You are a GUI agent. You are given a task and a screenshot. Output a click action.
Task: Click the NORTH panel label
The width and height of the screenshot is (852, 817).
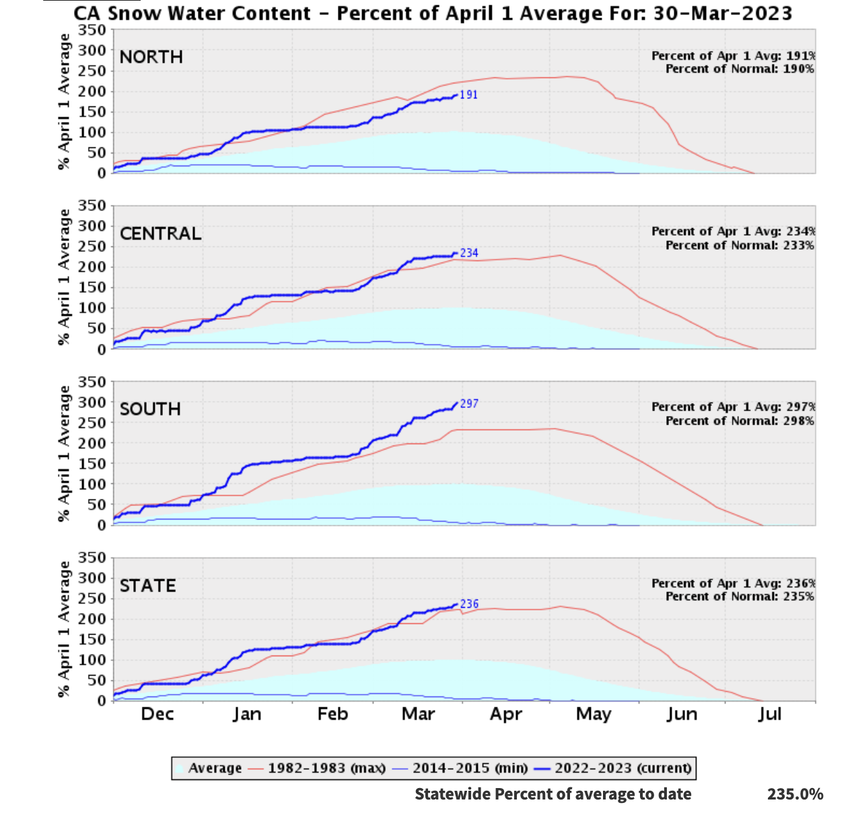[x=151, y=57]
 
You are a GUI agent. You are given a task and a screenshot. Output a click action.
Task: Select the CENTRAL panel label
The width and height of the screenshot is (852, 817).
[x=160, y=234]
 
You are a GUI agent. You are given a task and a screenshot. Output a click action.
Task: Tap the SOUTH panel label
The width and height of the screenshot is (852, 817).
[x=150, y=409]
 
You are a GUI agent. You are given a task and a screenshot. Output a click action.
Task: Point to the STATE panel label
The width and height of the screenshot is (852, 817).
[x=147, y=585]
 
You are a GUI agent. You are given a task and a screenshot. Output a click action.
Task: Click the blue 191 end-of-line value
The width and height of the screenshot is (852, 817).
[x=468, y=95]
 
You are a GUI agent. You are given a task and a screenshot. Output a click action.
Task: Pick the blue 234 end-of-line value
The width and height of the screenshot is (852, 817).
[x=469, y=253]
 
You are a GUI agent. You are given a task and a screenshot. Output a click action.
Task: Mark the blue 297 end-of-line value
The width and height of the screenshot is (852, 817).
[x=469, y=404]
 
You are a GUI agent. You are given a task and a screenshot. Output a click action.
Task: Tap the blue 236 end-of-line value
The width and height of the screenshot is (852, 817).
[x=469, y=604]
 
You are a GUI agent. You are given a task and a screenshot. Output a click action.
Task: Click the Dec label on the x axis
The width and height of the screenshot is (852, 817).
[x=157, y=714]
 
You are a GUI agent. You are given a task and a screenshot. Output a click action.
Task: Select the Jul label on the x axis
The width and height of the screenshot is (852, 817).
[x=769, y=714]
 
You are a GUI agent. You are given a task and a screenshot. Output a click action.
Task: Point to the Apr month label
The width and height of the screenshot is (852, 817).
[x=505, y=714]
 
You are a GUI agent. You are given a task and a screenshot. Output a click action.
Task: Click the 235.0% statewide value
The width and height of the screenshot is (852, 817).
[x=795, y=794]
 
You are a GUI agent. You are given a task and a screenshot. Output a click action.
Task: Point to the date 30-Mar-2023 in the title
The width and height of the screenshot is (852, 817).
[x=722, y=13]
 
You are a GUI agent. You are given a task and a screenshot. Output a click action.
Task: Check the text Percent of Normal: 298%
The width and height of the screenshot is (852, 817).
[x=740, y=421]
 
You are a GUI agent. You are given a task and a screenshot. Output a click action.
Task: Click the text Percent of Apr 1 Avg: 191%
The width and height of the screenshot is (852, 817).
[x=733, y=56]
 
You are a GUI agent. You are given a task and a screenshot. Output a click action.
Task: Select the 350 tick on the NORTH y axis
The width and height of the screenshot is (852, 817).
[x=92, y=30]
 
